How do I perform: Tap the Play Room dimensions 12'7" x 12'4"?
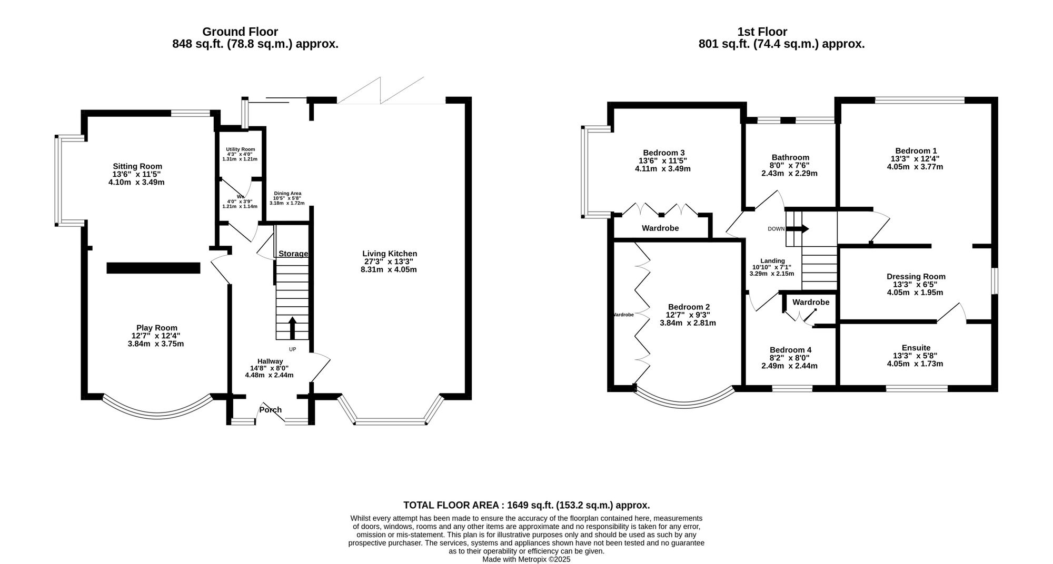156,336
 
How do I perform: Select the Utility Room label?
240,149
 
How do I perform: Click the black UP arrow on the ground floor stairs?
292,327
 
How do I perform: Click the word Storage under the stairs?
293,254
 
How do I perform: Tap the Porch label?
271,410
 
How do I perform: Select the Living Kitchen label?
390,254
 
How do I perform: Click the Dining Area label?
287,193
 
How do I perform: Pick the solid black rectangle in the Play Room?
153,268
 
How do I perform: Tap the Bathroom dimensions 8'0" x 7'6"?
790,165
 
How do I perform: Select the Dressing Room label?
916,276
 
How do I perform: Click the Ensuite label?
916,348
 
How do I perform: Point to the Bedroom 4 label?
790,350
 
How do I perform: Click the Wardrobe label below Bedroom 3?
660,228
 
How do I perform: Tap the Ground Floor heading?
240,32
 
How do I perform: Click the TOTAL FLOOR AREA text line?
526,505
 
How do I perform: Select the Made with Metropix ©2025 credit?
526,559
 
